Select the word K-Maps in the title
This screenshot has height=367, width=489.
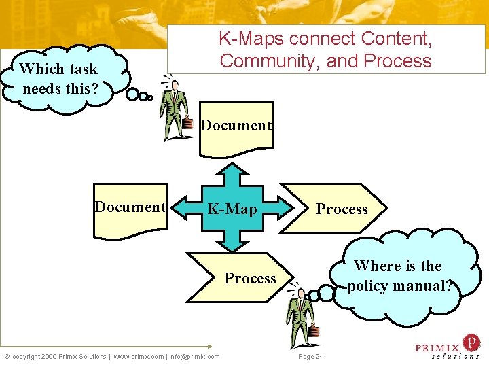click(250, 38)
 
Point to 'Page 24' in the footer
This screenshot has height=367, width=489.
click(311, 357)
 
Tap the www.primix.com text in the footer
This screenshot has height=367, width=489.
click(138, 356)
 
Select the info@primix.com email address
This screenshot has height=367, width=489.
click(194, 356)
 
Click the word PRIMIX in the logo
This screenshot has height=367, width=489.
click(437, 348)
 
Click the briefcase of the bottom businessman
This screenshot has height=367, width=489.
click(314, 331)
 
